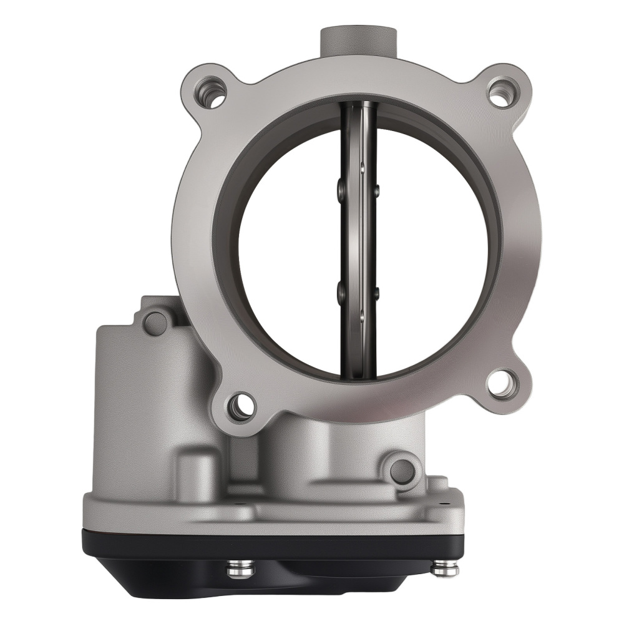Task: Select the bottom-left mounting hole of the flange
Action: (x=240, y=406)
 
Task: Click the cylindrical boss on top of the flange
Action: (x=359, y=40)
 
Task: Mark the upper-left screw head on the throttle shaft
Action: (x=340, y=190)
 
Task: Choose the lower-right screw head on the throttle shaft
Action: (x=376, y=293)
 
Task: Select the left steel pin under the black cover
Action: (x=240, y=569)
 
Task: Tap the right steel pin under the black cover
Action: (x=444, y=569)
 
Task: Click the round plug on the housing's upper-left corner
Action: (x=155, y=323)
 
